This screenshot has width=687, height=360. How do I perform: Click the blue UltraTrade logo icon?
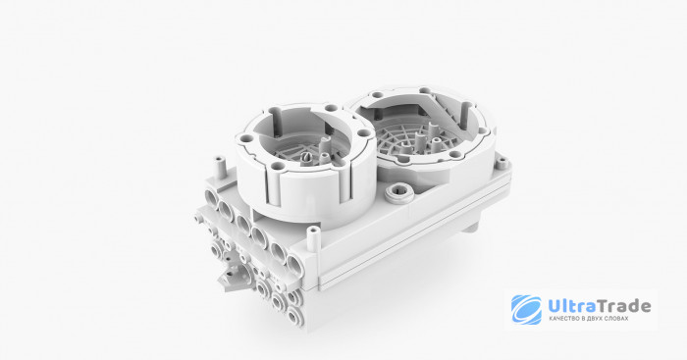[526, 310]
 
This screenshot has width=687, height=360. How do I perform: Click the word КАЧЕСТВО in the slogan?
[563, 319]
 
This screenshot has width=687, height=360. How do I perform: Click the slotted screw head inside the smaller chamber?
[307, 157]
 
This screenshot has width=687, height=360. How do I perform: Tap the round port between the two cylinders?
[399, 191]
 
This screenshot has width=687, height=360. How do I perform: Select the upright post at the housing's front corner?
[312, 238]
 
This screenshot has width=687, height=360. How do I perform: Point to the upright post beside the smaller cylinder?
[220, 167]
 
